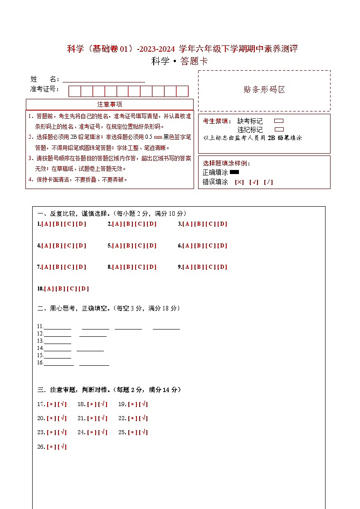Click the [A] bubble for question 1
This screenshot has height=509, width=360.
pyautogui.click(x=46, y=224)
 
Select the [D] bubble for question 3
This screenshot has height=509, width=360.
pyautogui.click(x=222, y=224)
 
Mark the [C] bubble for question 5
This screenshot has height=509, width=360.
pyautogui.click(x=140, y=246)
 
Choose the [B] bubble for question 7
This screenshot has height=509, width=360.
pyautogui.click(x=58, y=267)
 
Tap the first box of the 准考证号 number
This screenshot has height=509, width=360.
pyautogui.click(x=74, y=91)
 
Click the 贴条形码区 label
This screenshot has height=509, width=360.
pyautogui.click(x=264, y=90)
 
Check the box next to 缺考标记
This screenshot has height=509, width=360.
pyautogui.click(x=279, y=121)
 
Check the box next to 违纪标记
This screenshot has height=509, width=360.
pyautogui.click(x=279, y=129)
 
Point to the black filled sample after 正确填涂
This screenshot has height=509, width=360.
pyautogui.click(x=234, y=172)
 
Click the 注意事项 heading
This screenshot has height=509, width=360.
pyautogui.click(x=110, y=104)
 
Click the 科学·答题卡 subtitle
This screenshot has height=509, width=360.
pyautogui.click(x=180, y=61)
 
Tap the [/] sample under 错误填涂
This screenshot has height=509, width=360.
pyautogui.click(x=268, y=182)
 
